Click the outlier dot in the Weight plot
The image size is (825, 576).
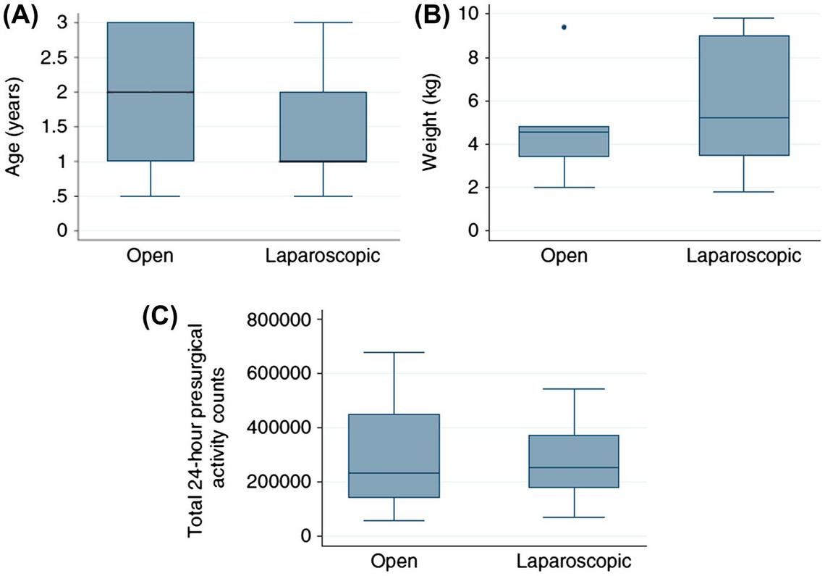click(x=563, y=27)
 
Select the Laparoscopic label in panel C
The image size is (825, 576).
click(x=574, y=562)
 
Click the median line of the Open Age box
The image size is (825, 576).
click(x=151, y=92)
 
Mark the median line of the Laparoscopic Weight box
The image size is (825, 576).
click(x=745, y=117)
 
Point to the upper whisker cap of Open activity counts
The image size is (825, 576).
click(x=394, y=352)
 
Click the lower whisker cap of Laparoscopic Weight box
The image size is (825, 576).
click(x=745, y=192)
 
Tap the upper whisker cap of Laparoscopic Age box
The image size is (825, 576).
click(x=323, y=22)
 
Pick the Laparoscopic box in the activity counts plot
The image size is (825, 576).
click(x=574, y=461)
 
